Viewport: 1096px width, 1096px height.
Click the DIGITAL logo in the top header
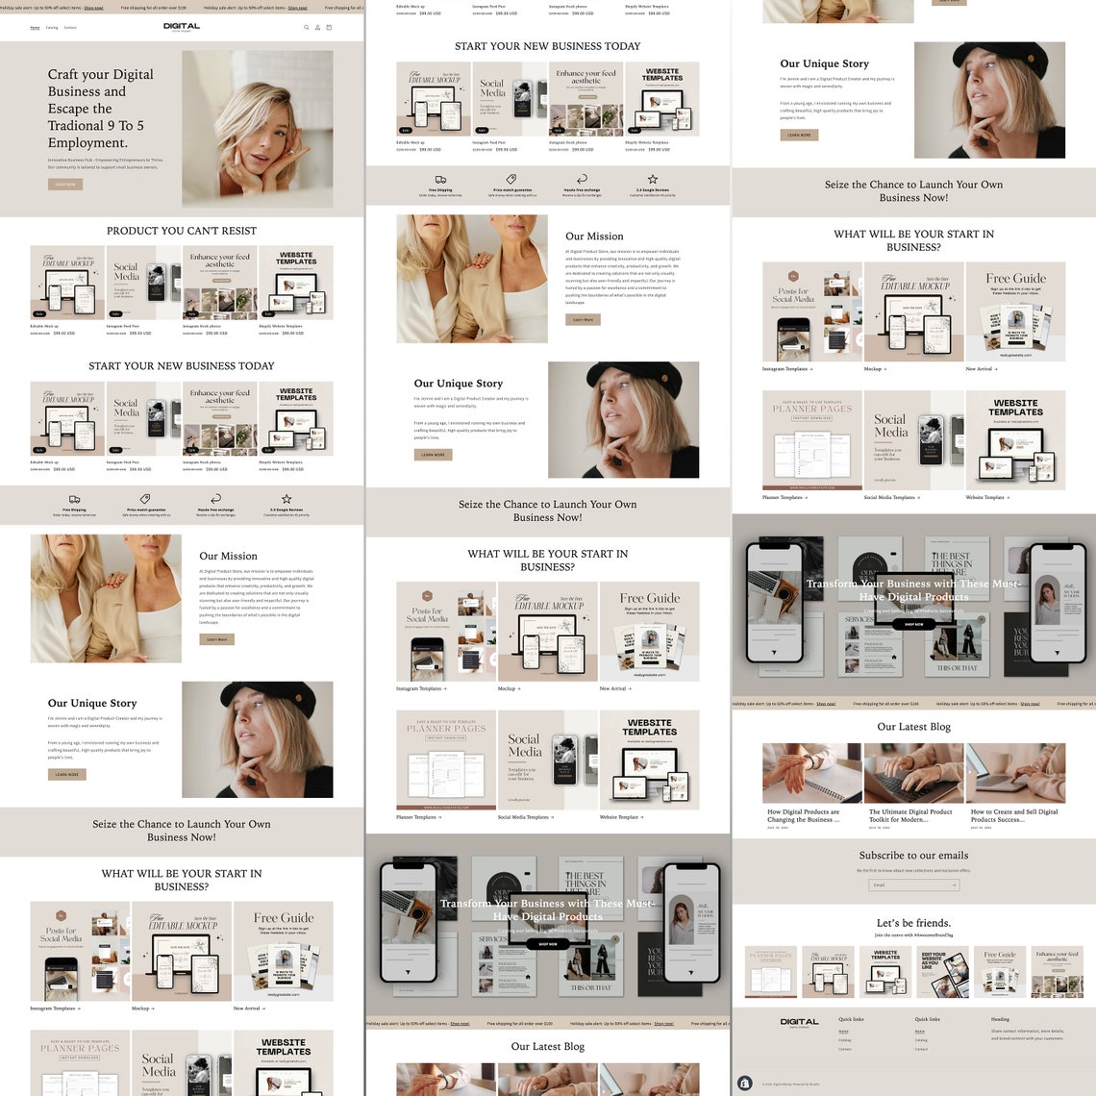[x=182, y=27]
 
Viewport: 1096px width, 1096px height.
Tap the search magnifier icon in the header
[x=307, y=28]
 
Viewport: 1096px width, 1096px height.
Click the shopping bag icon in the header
[x=329, y=28]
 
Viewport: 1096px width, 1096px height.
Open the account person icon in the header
[x=317, y=28]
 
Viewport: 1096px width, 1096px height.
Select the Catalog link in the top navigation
[x=52, y=28]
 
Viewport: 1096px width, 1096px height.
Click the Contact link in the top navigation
[x=70, y=28]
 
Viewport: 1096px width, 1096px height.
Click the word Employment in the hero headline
[x=87, y=143]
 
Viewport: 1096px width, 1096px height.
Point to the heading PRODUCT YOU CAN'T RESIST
[x=182, y=231]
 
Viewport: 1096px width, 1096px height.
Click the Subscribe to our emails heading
[x=913, y=855]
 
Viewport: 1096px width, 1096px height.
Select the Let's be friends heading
[x=913, y=923]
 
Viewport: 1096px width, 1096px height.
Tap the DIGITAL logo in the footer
[x=799, y=1023]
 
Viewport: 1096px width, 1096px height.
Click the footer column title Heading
[x=1001, y=1019]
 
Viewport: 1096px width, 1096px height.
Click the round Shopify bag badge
[x=744, y=1083]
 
